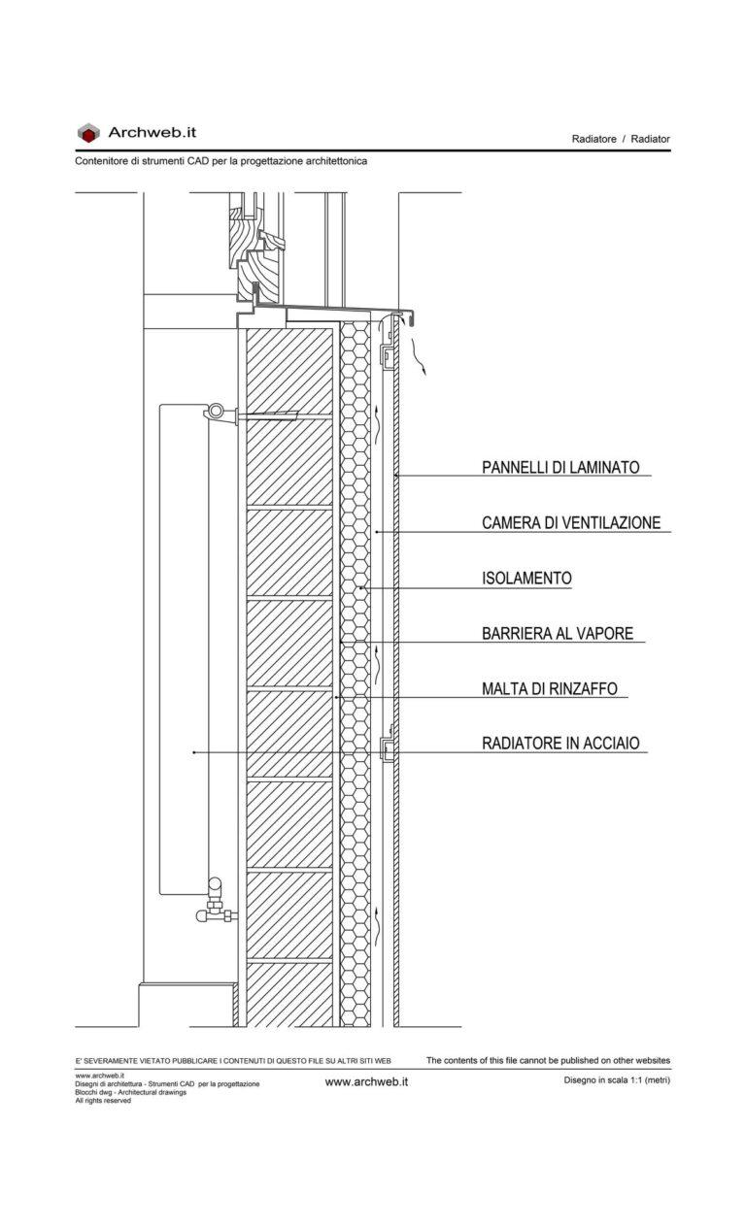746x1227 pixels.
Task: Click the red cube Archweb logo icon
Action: click(x=88, y=133)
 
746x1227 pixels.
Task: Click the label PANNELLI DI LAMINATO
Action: click(x=560, y=468)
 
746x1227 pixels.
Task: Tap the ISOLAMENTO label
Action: click(x=526, y=579)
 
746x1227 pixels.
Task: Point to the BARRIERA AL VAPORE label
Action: click(x=557, y=634)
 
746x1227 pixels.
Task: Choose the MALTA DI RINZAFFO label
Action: click(x=549, y=689)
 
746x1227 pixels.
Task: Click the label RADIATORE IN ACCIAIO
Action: click(x=560, y=745)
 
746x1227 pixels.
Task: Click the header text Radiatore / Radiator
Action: click(x=621, y=140)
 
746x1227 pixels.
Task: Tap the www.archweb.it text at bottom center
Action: click(x=366, y=1081)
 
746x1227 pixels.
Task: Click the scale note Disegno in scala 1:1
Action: click(x=616, y=1080)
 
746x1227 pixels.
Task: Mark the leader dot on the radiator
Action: click(x=194, y=753)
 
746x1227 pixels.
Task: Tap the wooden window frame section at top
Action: click(x=254, y=243)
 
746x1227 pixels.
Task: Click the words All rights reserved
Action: click(x=102, y=1101)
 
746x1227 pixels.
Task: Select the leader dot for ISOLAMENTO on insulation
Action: click(x=360, y=588)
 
